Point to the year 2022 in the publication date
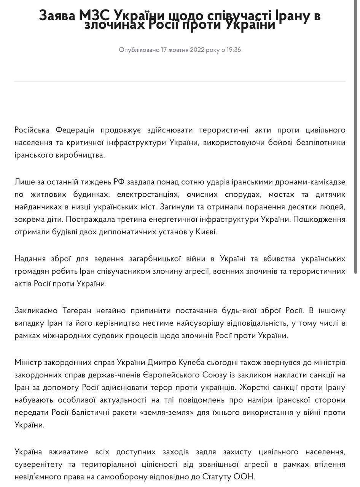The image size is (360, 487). point(197,50)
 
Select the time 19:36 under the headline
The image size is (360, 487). point(234,50)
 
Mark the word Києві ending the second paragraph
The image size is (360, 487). point(206,232)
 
